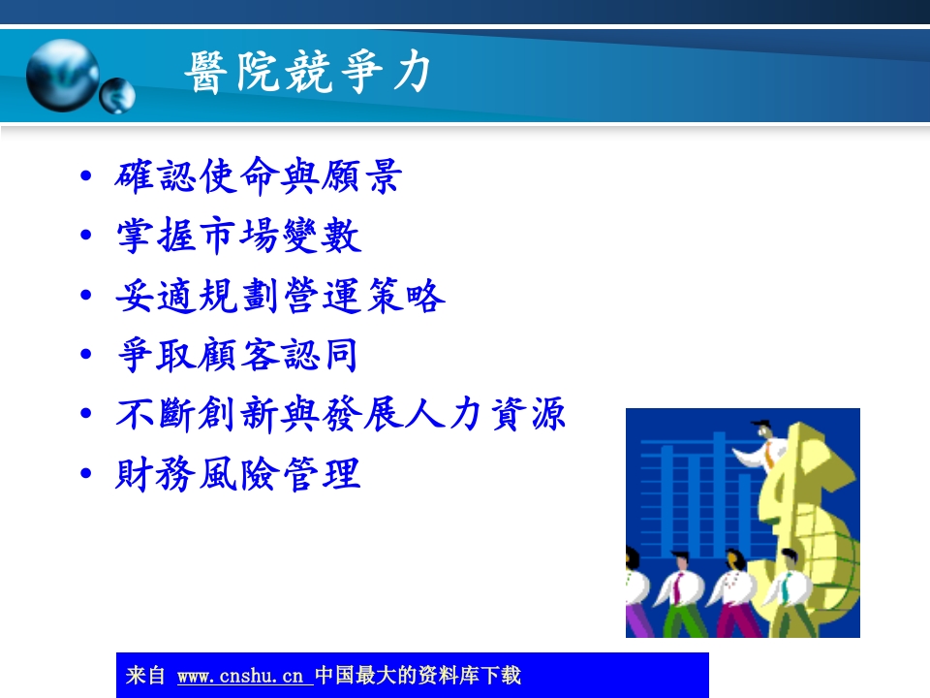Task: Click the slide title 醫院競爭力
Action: [x=308, y=74]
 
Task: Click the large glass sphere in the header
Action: [x=62, y=75]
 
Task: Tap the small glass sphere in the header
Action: [x=118, y=95]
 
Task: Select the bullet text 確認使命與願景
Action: [x=258, y=176]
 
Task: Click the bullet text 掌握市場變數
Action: [x=238, y=237]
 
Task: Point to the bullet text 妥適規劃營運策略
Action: [x=280, y=297]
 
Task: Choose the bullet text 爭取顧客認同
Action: [x=237, y=356]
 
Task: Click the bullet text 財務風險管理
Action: [x=238, y=475]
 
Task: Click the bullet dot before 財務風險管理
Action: [x=88, y=475]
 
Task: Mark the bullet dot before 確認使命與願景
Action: [x=88, y=177]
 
